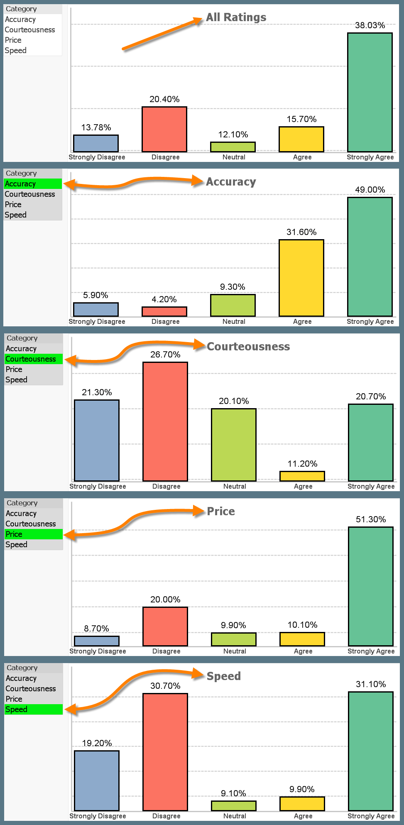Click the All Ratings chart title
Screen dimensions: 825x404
coord(236,17)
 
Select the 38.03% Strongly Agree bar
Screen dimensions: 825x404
coord(370,92)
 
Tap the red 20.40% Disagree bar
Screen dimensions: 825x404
coord(164,129)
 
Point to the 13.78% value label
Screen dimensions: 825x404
coord(96,127)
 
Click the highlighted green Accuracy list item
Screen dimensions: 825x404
coord(33,184)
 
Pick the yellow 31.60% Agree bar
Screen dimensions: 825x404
coord(301,278)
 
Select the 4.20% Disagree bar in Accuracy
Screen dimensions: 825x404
coord(164,311)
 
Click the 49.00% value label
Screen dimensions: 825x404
coord(370,190)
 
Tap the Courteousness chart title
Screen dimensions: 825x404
coord(248,347)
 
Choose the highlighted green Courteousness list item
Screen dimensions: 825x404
coord(34,359)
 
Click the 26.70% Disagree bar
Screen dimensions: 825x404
coord(165,421)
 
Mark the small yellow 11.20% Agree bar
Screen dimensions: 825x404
coord(302,476)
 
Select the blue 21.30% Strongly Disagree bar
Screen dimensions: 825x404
coord(97,440)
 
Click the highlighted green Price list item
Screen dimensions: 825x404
coord(34,534)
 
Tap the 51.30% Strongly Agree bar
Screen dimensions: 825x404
coord(371,586)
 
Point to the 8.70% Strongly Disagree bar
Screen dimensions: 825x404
coord(97,641)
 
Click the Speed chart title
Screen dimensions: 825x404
coord(223,676)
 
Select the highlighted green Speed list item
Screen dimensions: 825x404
coord(34,709)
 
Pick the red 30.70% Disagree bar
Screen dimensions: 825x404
coord(165,752)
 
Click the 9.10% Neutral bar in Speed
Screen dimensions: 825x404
coord(234,805)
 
